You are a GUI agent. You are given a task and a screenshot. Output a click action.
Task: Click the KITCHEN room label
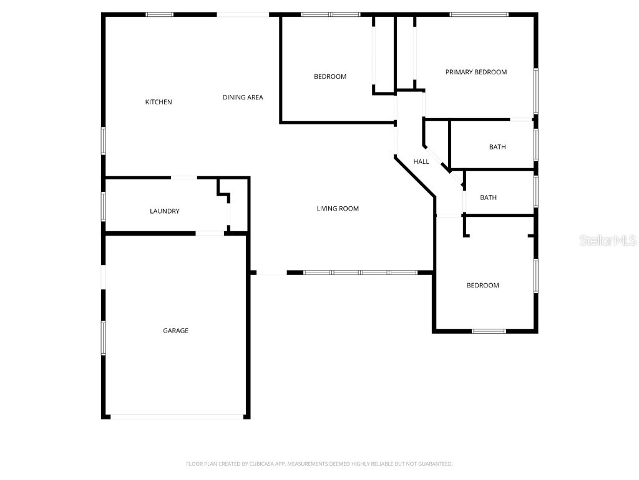(x=159, y=102)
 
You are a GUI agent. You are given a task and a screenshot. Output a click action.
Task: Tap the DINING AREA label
(x=243, y=97)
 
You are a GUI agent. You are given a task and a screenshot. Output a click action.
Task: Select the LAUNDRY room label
(x=165, y=211)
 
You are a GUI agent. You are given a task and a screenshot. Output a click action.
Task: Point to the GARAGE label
(x=176, y=331)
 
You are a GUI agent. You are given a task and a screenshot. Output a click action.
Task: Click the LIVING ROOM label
(x=338, y=209)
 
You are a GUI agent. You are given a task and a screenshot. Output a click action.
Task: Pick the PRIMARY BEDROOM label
(x=476, y=72)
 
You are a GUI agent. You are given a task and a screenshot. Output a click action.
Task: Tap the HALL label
(x=421, y=162)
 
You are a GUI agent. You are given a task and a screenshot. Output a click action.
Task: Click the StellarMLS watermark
(x=608, y=241)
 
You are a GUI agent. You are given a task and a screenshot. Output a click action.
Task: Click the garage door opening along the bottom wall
(x=178, y=416)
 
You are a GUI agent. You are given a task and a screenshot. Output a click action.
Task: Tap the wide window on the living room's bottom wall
(x=360, y=272)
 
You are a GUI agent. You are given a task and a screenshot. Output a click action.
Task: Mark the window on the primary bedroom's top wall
(x=479, y=14)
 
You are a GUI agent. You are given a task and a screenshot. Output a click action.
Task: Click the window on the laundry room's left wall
(x=104, y=206)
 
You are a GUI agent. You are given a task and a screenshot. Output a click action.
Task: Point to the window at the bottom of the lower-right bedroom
(x=489, y=331)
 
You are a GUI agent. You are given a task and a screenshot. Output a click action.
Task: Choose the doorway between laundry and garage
(x=210, y=234)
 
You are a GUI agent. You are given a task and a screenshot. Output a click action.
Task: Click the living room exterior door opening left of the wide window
(x=271, y=273)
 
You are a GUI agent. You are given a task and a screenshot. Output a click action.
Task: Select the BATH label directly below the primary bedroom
(x=497, y=147)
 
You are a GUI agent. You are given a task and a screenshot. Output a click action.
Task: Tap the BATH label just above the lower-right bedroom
(x=489, y=197)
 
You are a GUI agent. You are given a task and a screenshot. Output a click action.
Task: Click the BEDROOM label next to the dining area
(x=329, y=77)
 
